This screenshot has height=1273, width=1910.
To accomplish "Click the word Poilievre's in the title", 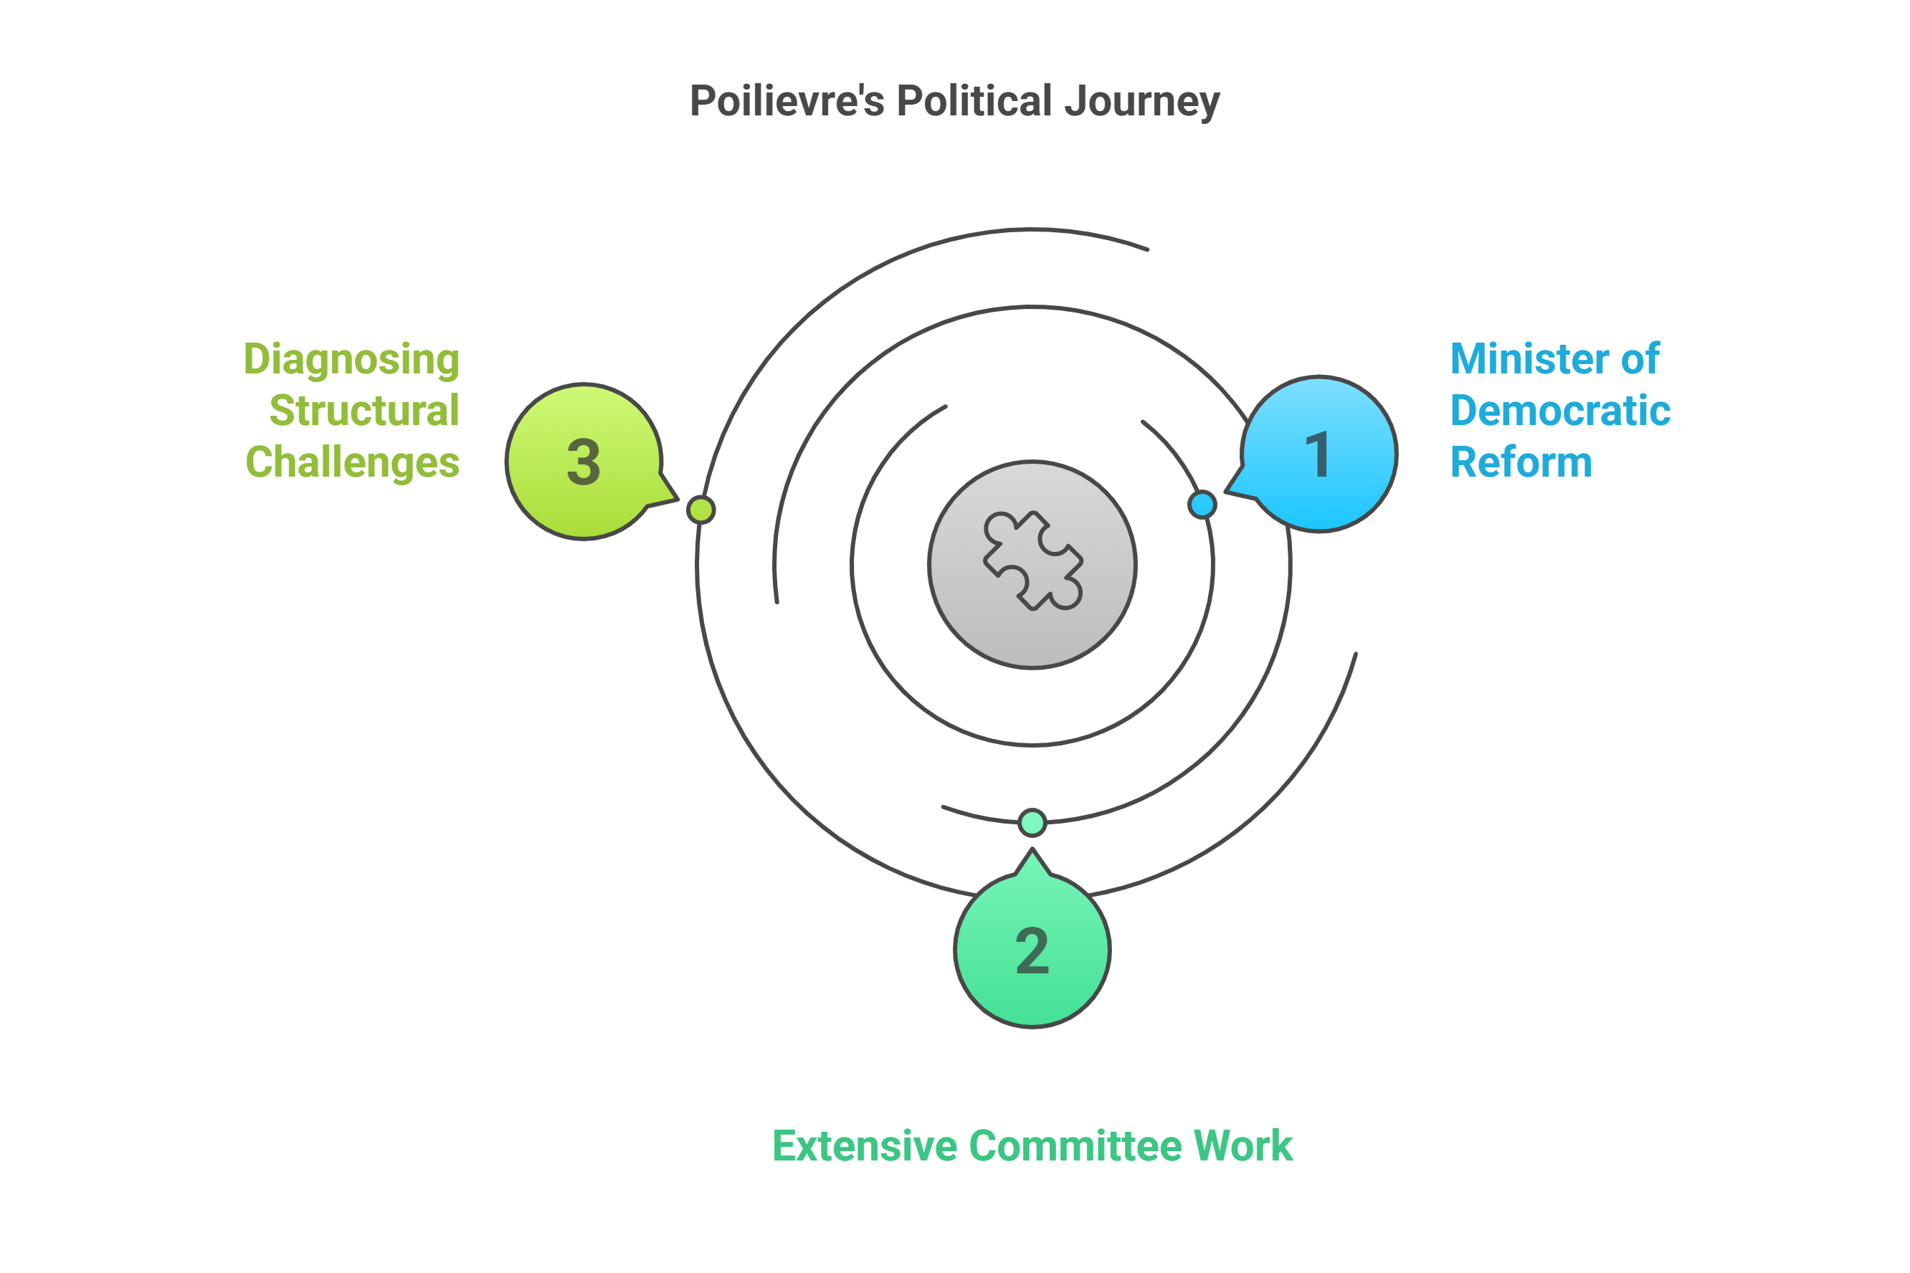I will [x=786, y=102].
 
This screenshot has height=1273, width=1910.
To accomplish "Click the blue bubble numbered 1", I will [x=1320, y=454].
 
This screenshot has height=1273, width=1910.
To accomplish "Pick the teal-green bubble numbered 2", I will [x=1032, y=950].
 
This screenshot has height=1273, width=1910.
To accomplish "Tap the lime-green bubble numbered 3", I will [x=584, y=461].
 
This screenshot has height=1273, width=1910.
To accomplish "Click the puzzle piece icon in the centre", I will [x=1032, y=561].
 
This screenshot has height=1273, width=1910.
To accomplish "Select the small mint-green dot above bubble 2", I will [x=1032, y=822].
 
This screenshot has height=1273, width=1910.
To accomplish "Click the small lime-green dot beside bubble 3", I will [x=700, y=510].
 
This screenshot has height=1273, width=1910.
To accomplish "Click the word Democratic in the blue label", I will [x=1560, y=411].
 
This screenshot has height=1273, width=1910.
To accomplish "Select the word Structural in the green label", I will [x=364, y=411].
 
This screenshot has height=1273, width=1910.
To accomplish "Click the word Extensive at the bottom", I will [x=865, y=1146].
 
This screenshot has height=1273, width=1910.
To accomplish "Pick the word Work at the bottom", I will [x=1243, y=1146].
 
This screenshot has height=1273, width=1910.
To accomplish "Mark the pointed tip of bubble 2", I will [x=1032, y=851].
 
